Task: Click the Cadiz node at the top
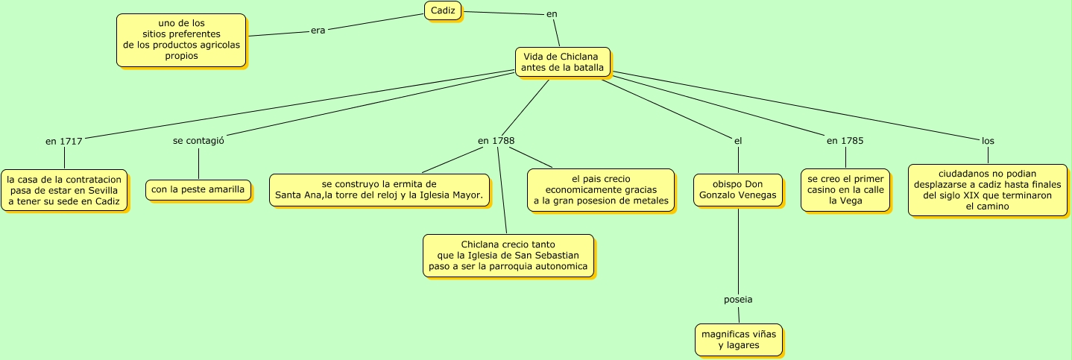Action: (x=443, y=10)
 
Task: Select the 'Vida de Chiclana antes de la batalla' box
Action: (x=562, y=62)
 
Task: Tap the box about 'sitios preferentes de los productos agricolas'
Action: (x=181, y=40)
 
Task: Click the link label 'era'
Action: (x=318, y=31)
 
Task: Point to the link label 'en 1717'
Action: (x=63, y=141)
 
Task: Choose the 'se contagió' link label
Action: (x=198, y=140)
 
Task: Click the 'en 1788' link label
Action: (x=496, y=140)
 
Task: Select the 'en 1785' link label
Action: (x=845, y=140)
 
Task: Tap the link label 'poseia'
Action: (x=738, y=300)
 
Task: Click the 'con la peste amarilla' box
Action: (x=198, y=190)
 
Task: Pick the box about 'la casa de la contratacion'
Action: (x=63, y=190)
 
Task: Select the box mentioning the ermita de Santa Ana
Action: (x=379, y=190)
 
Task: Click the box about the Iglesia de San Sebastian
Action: (x=508, y=256)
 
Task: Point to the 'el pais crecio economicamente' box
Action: (x=600, y=190)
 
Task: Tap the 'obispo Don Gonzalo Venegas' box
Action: (x=738, y=190)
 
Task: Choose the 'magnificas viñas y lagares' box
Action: (x=738, y=340)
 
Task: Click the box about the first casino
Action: (x=845, y=190)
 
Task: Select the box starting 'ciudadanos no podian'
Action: (x=987, y=190)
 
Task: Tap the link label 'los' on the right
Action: (x=988, y=140)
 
